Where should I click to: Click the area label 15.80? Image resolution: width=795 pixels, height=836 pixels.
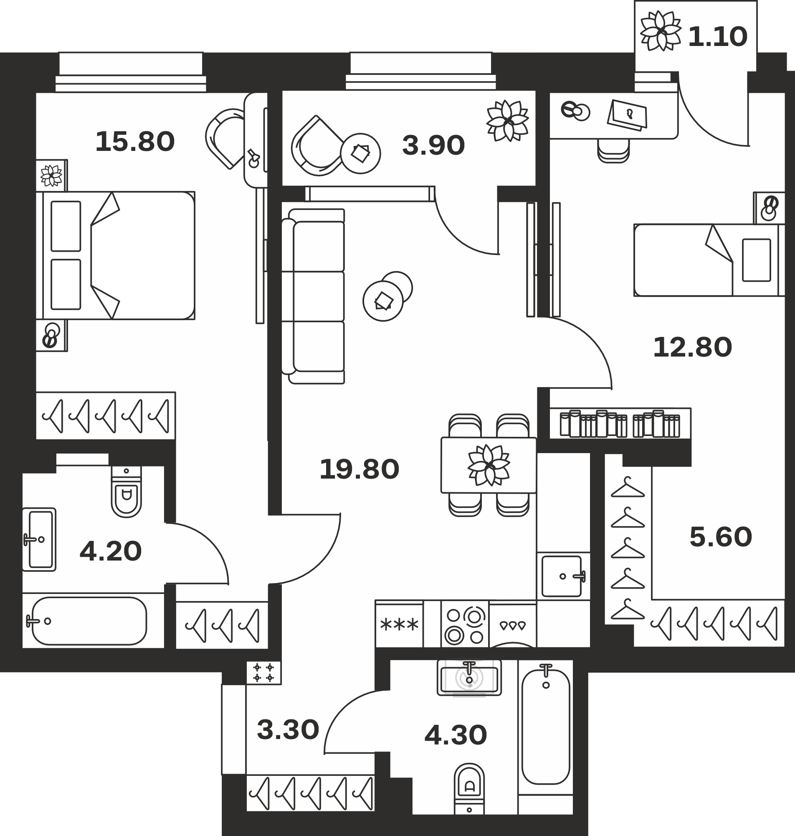[135, 142]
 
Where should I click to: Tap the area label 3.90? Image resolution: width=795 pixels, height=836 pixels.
[433, 145]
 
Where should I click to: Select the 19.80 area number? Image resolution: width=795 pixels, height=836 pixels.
[360, 469]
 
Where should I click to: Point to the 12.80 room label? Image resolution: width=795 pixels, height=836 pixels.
[692, 347]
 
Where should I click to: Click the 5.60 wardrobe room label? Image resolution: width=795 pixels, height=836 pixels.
[720, 537]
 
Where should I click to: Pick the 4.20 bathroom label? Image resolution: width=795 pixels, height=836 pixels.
[111, 551]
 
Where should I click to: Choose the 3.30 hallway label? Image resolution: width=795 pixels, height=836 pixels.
[288, 730]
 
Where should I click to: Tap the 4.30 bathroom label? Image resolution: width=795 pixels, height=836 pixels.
[456, 735]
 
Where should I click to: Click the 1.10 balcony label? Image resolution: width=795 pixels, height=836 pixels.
[717, 37]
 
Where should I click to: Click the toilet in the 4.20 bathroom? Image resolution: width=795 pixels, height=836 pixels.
[126, 492]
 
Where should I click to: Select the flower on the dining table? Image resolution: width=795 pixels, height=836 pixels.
[489, 465]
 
